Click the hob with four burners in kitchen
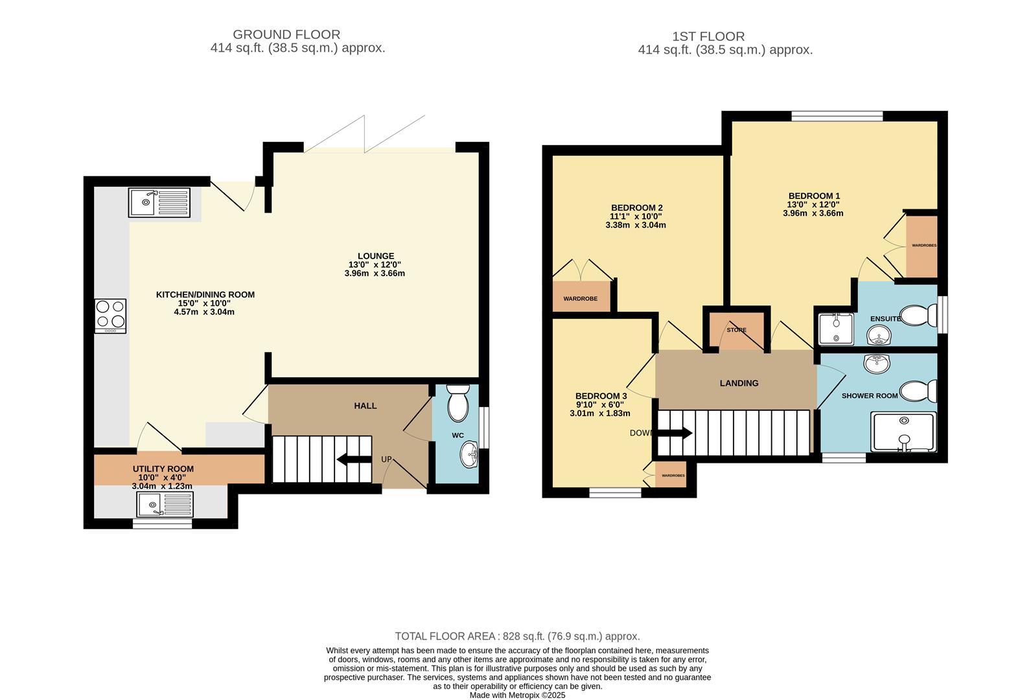click(x=110, y=316)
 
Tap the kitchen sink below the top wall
click(x=159, y=202)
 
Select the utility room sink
click(x=165, y=504)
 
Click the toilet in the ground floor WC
click(x=458, y=402)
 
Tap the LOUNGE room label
click(x=375, y=256)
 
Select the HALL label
click(x=365, y=406)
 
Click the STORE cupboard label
click(x=736, y=330)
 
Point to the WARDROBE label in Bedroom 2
click(x=580, y=299)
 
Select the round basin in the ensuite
click(x=879, y=336)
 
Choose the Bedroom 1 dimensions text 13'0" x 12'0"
click(x=813, y=204)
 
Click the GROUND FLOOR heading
click(x=286, y=34)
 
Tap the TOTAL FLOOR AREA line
click(x=517, y=636)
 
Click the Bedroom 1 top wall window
click(x=837, y=116)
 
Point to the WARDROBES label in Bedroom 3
click(x=673, y=476)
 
